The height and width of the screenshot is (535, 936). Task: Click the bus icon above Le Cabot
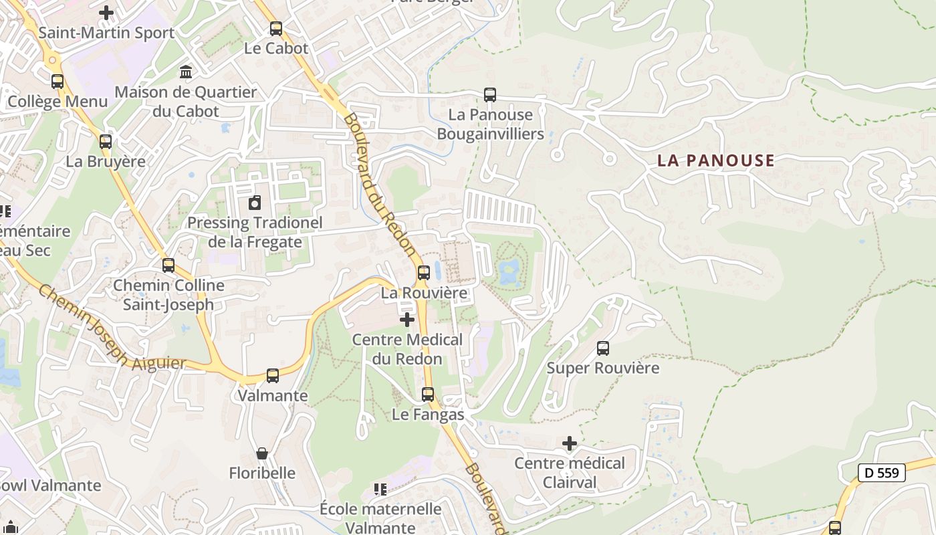[275, 29]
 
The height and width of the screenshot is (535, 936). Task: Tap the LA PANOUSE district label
[715, 160]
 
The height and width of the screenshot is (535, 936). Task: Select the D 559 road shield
[881, 473]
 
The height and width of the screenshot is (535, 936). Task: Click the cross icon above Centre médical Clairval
[570, 443]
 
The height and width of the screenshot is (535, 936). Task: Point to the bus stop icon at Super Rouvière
[603, 348]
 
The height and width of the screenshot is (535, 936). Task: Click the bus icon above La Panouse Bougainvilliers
[490, 95]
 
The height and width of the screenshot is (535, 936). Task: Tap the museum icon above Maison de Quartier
[186, 72]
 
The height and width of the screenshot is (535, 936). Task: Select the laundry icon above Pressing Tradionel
[255, 203]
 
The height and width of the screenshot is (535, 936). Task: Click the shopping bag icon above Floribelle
[262, 453]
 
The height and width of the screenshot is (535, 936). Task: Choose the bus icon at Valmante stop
[273, 376]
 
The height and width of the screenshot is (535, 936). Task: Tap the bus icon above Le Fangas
[428, 395]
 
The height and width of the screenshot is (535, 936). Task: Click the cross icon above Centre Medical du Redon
[406, 320]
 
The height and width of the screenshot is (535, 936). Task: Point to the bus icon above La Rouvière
[423, 273]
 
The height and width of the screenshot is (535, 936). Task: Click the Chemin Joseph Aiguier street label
[111, 328]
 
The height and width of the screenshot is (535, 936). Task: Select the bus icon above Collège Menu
[57, 82]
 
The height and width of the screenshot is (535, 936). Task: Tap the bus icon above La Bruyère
[106, 142]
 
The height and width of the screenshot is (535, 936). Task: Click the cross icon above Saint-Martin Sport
[106, 13]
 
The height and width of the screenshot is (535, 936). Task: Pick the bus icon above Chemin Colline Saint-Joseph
[168, 265]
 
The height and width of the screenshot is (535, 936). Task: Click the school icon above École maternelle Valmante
[380, 490]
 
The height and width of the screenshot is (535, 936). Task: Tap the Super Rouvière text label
[602, 368]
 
